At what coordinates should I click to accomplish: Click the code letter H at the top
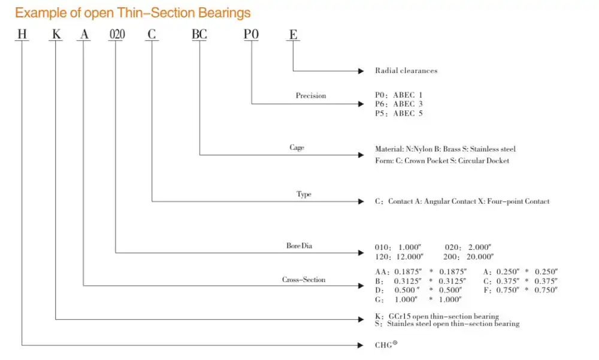pyautogui.click(x=22, y=35)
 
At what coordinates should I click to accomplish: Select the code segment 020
pyautogui.click(x=116, y=35)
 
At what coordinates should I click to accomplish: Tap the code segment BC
pyautogui.click(x=199, y=35)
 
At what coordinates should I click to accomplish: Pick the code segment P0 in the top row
pyautogui.click(x=251, y=35)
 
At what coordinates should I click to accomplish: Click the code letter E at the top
pyautogui.click(x=293, y=35)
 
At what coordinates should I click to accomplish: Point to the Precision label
pyautogui.click(x=311, y=96)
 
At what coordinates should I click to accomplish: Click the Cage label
pyautogui.click(x=297, y=147)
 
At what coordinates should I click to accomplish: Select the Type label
pyautogui.click(x=304, y=194)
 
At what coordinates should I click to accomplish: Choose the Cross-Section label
pyautogui.click(x=304, y=280)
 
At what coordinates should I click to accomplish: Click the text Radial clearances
pyautogui.click(x=406, y=71)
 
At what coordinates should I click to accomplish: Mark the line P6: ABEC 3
pyautogui.click(x=398, y=104)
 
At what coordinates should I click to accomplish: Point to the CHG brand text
pyautogui.click(x=386, y=345)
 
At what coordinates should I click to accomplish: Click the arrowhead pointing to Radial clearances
pyautogui.click(x=361, y=71)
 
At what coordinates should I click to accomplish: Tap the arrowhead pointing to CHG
pyautogui.click(x=361, y=345)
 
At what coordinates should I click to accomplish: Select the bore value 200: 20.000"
pyautogui.click(x=468, y=256)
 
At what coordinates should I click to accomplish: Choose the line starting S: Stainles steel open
pyautogui.click(x=447, y=323)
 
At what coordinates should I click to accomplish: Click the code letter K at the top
pyautogui.click(x=56, y=35)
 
